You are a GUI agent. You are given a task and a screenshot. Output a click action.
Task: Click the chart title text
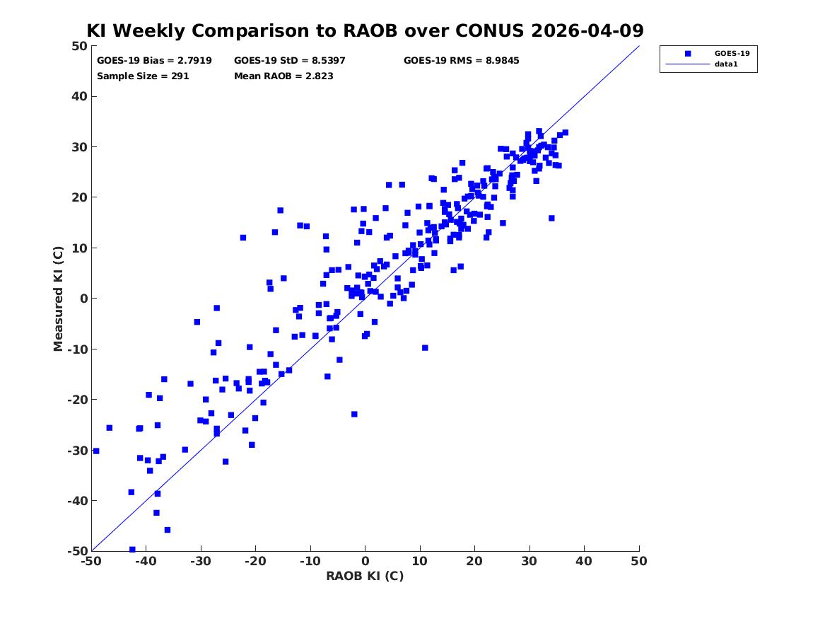click(365, 30)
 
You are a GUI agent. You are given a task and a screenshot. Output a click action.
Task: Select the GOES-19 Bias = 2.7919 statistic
click(154, 61)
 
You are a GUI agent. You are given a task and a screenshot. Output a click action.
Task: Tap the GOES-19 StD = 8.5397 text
click(290, 61)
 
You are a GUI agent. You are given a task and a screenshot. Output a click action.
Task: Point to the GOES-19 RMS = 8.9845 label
click(462, 61)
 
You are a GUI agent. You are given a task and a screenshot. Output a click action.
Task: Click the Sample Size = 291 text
click(143, 76)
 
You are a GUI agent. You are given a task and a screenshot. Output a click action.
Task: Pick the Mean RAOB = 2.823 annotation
click(283, 76)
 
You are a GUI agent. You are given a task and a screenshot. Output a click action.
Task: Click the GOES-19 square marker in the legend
click(688, 53)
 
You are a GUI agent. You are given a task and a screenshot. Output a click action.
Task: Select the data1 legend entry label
click(726, 64)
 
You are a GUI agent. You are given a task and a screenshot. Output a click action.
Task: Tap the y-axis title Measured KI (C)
click(58, 299)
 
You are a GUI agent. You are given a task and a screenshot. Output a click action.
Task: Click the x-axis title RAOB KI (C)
click(365, 576)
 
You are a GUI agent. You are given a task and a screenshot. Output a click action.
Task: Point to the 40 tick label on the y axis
click(79, 96)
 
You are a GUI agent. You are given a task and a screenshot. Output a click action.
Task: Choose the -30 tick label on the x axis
click(201, 561)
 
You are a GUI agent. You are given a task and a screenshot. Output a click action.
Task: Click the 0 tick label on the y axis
click(83, 299)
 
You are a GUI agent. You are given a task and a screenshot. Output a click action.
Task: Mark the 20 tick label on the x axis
click(474, 561)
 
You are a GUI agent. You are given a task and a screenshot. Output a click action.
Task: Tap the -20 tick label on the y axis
click(77, 400)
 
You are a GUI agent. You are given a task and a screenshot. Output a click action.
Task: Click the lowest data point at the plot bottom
click(132, 550)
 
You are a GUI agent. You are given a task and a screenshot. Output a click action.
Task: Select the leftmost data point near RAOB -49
click(95, 451)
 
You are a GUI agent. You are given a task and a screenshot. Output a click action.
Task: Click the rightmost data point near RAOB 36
click(565, 133)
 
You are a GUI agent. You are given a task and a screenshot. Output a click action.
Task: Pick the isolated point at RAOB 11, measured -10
click(425, 348)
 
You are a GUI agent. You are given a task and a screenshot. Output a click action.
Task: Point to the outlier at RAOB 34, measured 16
click(551, 218)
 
